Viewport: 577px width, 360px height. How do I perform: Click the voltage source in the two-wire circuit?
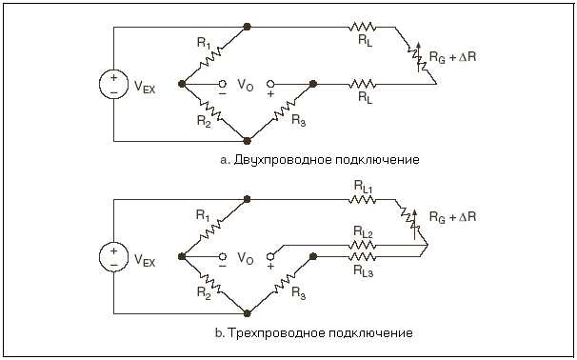pyautogui.click(x=113, y=84)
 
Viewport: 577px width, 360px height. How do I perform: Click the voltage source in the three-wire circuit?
pyautogui.click(x=113, y=255)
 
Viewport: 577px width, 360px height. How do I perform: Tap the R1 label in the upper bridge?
pyautogui.click(x=203, y=43)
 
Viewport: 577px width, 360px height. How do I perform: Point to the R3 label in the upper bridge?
pyautogui.click(x=299, y=120)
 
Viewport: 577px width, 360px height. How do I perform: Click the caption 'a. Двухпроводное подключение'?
pyautogui.click(x=320, y=159)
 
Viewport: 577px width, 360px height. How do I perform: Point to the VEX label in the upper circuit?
pyautogui.click(x=145, y=87)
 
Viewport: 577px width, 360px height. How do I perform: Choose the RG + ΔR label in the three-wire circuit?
pyautogui.click(x=453, y=217)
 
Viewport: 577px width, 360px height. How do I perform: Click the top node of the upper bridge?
pyautogui.click(x=248, y=27)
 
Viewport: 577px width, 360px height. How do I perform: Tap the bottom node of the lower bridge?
pyautogui.click(x=248, y=311)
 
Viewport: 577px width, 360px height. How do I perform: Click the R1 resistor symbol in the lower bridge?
pyautogui.click(x=214, y=227)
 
